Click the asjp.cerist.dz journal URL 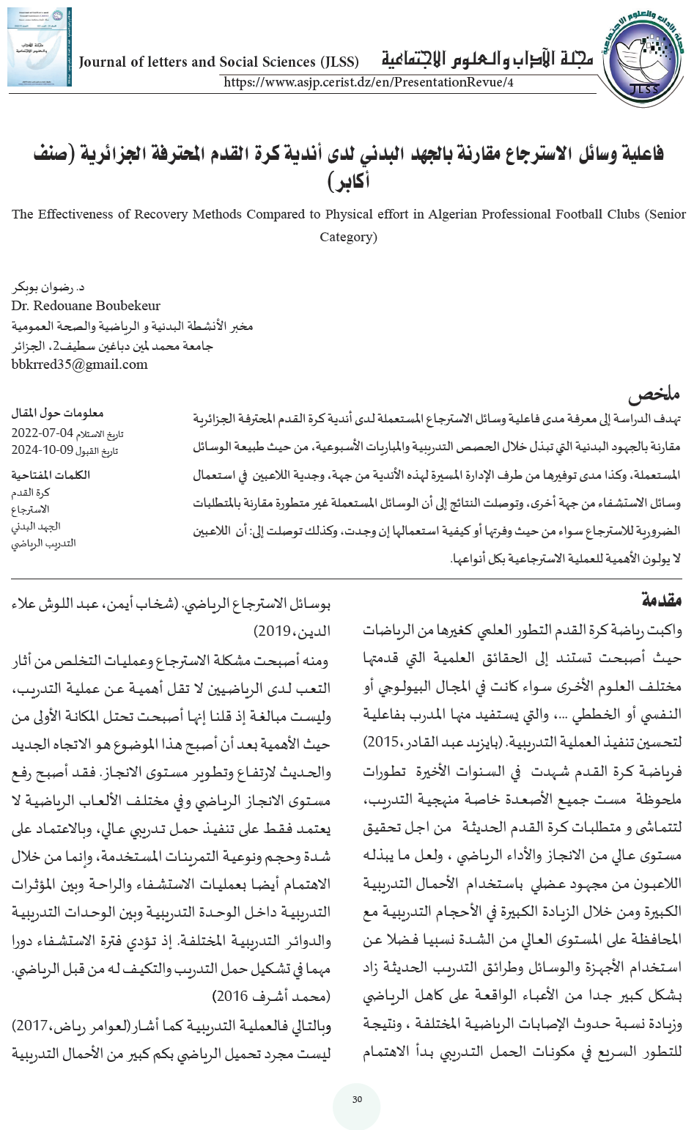tap(368, 82)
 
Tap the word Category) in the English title tap(349, 237)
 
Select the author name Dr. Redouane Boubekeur tap(86, 306)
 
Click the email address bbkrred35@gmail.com tap(80, 364)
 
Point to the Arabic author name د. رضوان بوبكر tap(45, 287)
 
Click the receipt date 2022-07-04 tap(42, 433)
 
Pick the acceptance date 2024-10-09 tap(42, 450)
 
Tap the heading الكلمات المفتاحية tap(51, 474)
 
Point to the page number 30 tap(357, 1100)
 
